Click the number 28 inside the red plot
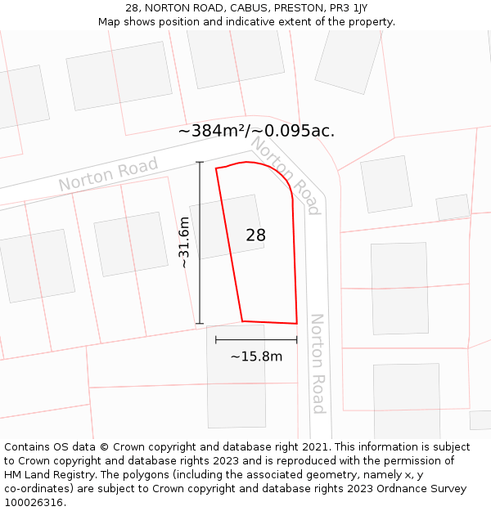[x=256, y=235]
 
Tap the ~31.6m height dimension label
[x=184, y=243]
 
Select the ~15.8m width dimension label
[x=256, y=356]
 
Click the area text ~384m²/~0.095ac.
[x=256, y=131]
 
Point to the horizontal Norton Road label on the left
[x=108, y=175]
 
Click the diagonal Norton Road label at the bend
[x=285, y=175]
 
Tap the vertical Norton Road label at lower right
[x=318, y=363]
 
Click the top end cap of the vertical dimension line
[x=200, y=163]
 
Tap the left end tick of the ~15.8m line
[x=216, y=339]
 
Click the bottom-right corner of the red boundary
[x=296, y=323]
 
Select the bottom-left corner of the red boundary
[x=242, y=320]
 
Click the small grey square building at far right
[x=453, y=208]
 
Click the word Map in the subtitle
[x=110, y=21]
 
